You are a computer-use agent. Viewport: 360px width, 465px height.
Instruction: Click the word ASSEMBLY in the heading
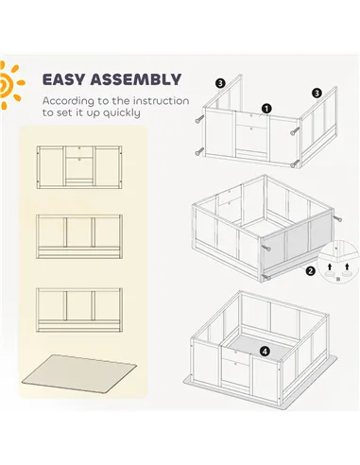coord(136,79)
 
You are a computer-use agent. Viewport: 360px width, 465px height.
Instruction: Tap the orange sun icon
coord(9,85)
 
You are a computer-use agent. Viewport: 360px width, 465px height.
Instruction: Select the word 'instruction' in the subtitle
coord(161,101)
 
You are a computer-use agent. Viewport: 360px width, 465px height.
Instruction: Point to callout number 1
coord(266,109)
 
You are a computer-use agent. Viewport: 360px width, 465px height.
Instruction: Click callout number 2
coord(310,270)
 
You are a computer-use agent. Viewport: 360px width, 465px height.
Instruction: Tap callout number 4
coord(265,351)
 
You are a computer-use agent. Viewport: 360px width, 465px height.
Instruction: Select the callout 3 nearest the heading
coord(220,83)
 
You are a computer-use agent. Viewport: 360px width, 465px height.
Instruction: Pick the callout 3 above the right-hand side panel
coord(317,93)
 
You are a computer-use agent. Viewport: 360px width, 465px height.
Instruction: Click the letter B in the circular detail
coord(338,279)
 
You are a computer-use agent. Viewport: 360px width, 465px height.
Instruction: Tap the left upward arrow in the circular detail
coord(330,267)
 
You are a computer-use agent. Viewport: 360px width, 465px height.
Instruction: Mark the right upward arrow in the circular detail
coord(347,267)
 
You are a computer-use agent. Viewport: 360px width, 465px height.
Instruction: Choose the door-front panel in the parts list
coord(79,167)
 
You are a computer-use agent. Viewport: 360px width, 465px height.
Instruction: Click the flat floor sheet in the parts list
coord(79,373)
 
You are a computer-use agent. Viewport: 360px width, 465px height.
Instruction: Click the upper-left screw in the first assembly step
coord(199,119)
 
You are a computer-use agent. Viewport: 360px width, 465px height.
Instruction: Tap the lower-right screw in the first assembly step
coord(295,164)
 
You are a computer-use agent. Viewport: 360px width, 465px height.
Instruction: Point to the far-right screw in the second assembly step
coord(337,218)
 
